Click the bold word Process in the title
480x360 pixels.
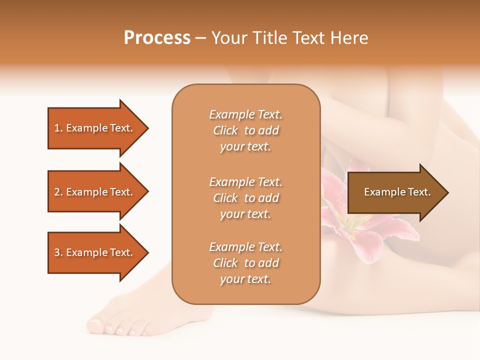click(157, 38)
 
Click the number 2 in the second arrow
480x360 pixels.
click(57, 192)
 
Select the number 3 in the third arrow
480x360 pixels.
click(57, 252)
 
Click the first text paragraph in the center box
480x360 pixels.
click(245, 130)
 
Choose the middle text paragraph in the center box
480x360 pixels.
click(245, 198)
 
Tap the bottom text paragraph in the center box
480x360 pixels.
click(245, 263)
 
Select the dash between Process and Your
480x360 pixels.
click(201, 38)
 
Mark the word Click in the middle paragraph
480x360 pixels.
click(225, 198)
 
